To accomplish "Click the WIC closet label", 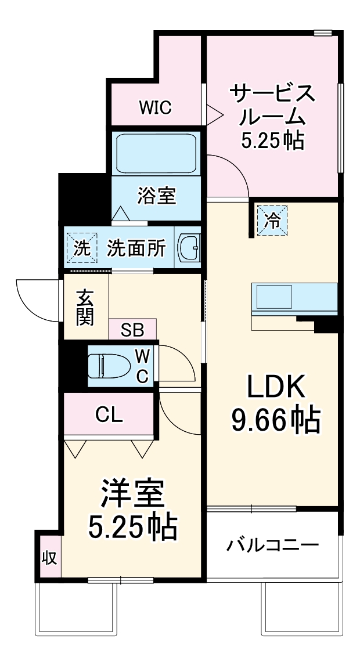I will click(x=155, y=107).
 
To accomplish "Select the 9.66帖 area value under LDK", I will click(x=276, y=419).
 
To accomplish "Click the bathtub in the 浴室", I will click(x=155, y=154).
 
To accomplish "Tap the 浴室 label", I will click(x=156, y=196).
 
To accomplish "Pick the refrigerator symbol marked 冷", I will click(x=272, y=219).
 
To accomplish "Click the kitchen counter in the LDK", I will click(x=294, y=297).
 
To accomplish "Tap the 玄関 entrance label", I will click(x=85, y=306).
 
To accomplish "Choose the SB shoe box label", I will click(x=132, y=330).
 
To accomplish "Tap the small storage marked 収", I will click(x=49, y=558).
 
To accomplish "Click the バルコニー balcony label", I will click(x=272, y=546).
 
